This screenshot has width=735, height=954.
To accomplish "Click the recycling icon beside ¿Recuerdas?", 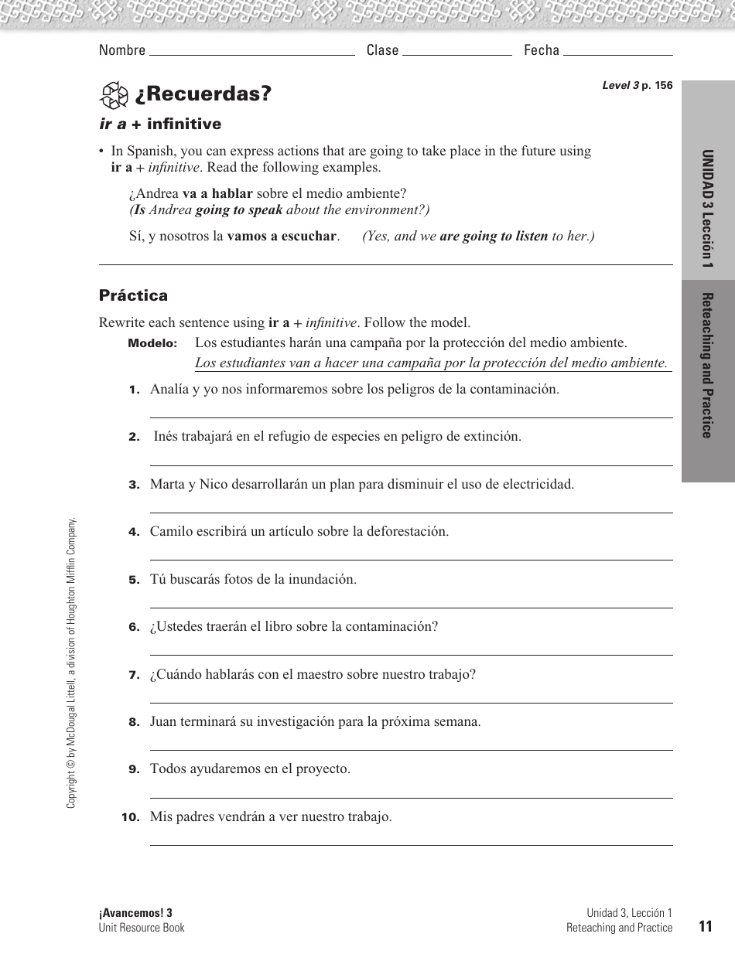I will (114, 95).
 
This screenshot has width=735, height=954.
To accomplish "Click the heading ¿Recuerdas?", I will (203, 94).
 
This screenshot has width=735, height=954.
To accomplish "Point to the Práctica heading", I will (133, 295).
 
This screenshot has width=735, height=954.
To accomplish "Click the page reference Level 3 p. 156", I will (637, 86).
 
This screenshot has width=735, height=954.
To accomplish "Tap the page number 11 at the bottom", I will (704, 927).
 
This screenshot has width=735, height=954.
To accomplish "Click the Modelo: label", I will (152, 343).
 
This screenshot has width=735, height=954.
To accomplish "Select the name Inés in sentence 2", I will (166, 437).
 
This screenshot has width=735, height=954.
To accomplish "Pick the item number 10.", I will (130, 817).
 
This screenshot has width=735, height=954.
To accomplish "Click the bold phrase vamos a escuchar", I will (282, 237).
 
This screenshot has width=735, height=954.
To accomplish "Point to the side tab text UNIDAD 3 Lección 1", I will (707, 209).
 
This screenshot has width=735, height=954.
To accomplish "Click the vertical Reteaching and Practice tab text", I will (707, 366).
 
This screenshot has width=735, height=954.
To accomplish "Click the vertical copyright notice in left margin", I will (71, 663).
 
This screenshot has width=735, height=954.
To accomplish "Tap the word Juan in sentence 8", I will (163, 722).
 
